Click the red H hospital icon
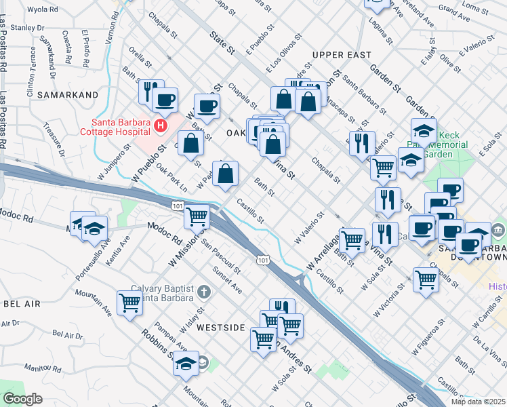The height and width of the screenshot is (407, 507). tap(161, 125)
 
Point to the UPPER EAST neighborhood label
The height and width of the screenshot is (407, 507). tap(342, 54)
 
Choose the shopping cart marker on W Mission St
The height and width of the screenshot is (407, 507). tap(197, 216)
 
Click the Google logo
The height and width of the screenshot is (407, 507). tap(22, 399)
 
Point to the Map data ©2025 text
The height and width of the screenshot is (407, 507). tap(478, 402)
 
